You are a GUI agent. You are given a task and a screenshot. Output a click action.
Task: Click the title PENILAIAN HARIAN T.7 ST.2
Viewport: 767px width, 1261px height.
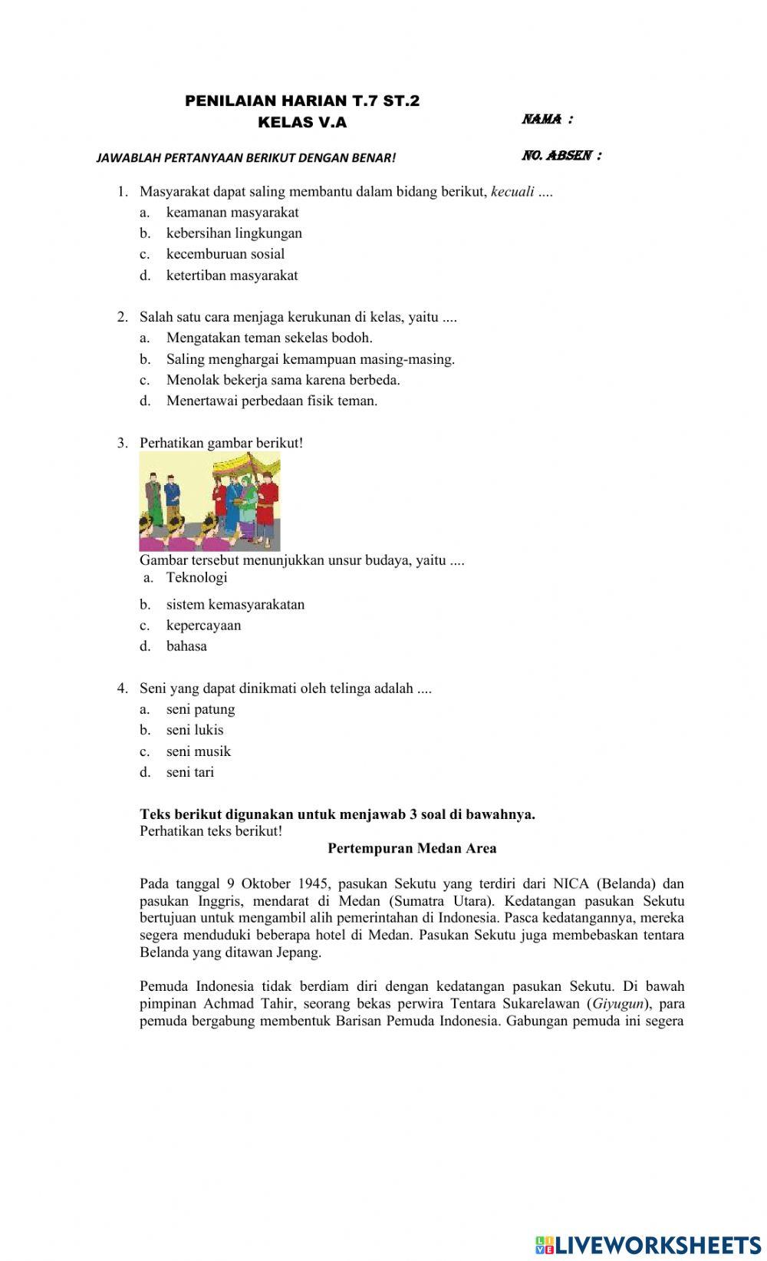coord(302,101)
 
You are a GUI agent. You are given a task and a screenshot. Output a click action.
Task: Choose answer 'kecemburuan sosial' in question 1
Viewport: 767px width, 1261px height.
coord(225,254)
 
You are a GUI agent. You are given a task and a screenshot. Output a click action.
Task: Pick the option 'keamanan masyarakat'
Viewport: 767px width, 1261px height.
coord(232,213)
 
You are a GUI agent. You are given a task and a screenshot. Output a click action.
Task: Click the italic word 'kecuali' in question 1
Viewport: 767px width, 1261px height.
coord(512,191)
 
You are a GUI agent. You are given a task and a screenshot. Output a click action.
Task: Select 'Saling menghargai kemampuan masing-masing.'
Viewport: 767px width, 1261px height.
coord(310,358)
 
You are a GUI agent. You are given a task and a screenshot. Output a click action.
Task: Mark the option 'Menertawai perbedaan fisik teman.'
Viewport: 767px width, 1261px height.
coord(272,401)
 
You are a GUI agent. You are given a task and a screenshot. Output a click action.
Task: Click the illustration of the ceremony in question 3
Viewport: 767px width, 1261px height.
coord(209,501)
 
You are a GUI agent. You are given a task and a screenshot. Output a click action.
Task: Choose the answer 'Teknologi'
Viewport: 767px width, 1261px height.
coord(196,577)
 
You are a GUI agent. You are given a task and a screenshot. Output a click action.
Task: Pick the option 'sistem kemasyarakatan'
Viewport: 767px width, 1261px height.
coord(235,604)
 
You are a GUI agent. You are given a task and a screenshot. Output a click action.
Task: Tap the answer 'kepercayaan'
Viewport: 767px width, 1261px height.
coord(203,625)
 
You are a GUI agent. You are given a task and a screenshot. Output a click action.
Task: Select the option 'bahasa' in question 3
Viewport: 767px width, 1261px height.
coord(186,646)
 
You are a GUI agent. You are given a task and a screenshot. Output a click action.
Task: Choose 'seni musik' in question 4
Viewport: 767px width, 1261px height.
coord(198,751)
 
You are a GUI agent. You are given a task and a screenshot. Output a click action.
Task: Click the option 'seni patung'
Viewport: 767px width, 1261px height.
coord(200,709)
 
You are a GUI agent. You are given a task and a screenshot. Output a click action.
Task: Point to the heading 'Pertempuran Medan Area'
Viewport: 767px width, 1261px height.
coord(412,848)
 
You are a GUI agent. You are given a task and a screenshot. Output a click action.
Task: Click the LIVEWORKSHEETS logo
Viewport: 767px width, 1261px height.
coord(648,1244)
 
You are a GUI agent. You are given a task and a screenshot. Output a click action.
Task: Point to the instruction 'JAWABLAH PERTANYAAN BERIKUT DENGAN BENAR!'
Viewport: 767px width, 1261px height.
coord(246,158)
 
